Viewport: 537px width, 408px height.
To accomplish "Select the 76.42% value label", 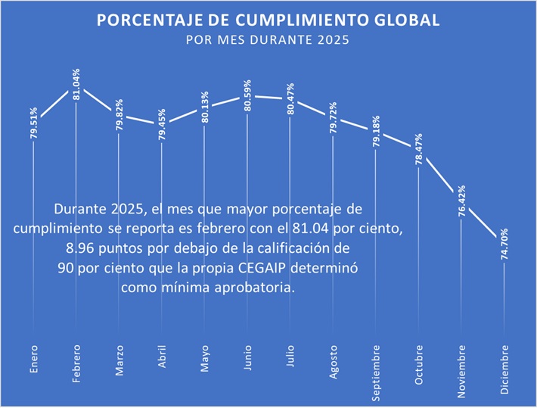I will click(461, 201).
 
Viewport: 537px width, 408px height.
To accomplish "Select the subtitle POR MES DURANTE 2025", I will click(268, 40).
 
